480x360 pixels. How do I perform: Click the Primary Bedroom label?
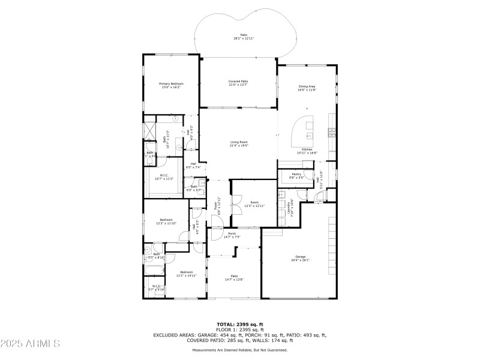click(171, 85)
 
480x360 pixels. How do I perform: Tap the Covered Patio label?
click(238, 83)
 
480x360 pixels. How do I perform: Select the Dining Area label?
click(307, 88)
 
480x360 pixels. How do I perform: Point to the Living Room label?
click(239, 143)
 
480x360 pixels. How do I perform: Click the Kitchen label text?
click(307, 151)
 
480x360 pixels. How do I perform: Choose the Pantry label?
click(296, 176)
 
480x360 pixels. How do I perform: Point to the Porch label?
click(232, 235)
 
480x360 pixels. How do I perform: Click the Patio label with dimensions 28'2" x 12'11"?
click(244, 37)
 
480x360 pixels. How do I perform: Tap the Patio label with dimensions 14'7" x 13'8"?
click(234, 278)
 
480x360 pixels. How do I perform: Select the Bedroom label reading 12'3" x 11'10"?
click(166, 221)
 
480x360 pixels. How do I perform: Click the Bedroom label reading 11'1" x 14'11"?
click(185, 274)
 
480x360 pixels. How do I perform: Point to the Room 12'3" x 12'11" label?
click(254, 205)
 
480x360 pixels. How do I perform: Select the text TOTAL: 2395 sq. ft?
click(239, 324)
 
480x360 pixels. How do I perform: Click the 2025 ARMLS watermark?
click(30, 344)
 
